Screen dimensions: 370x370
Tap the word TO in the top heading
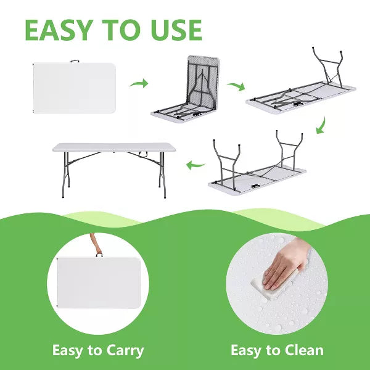click(122, 30)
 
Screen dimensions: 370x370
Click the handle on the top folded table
click(75, 62)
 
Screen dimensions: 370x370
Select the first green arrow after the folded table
click(139, 83)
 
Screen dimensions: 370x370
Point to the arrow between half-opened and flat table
click(236, 86)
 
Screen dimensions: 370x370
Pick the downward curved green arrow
click(321, 125)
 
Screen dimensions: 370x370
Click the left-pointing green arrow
click(195, 165)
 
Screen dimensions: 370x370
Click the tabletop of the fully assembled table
click(113, 147)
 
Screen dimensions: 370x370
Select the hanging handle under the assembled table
click(143, 155)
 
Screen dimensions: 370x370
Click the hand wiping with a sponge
click(286, 263)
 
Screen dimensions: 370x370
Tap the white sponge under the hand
click(274, 286)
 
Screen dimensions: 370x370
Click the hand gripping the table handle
click(96, 244)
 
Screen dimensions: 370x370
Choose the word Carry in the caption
click(125, 351)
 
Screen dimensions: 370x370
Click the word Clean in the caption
click(304, 350)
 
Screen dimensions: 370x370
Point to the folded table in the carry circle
click(99, 282)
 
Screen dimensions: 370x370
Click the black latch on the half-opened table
click(197, 115)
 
